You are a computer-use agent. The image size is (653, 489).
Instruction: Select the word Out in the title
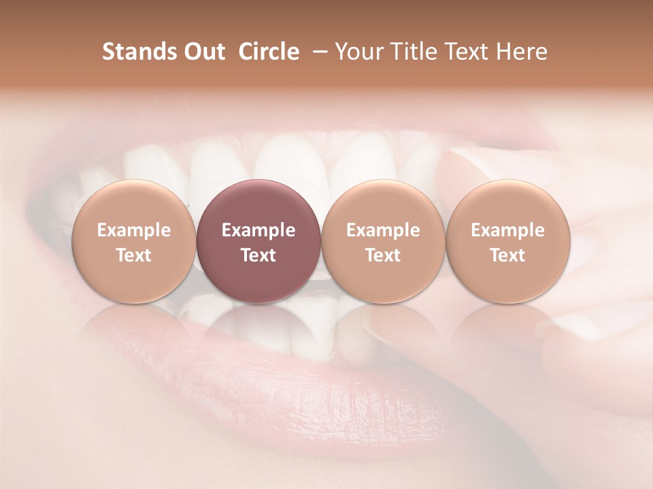(202, 52)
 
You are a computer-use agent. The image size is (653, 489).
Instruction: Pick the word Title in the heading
(414, 52)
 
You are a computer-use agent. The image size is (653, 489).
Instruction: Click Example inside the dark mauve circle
(258, 230)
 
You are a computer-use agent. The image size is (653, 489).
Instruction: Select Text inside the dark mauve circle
(258, 255)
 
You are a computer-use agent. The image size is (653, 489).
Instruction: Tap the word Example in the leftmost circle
(133, 230)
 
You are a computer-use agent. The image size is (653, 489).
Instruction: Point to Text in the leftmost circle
(133, 255)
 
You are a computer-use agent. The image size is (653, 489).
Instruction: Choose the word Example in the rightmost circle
(507, 230)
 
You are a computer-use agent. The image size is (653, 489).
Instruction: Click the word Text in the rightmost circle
(507, 255)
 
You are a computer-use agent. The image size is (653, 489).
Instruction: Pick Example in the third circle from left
(383, 230)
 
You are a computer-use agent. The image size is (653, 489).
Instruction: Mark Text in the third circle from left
(383, 255)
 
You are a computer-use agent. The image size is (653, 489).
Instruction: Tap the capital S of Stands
(107, 52)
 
